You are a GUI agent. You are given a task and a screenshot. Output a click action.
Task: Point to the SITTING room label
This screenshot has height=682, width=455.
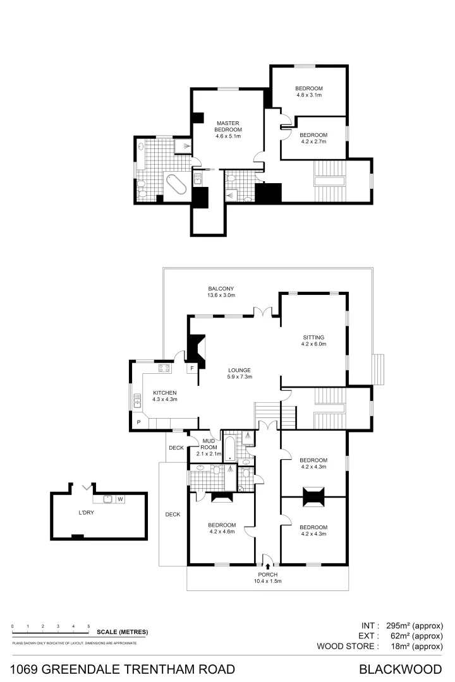tap(313, 342)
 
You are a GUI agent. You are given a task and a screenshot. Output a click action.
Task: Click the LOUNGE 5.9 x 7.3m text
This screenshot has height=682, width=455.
tap(240, 373)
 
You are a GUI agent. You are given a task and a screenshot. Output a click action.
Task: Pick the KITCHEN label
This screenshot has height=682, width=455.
tap(164, 396)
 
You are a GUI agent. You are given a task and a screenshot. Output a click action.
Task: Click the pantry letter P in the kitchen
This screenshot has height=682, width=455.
tap(138, 422)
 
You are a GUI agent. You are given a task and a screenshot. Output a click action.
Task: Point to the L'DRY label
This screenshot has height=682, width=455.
tap(86, 513)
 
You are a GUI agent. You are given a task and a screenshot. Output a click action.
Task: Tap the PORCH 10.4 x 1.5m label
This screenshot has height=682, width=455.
tap(267, 577)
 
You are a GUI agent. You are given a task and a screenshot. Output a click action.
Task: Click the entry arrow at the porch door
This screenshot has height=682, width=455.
tap(268, 566)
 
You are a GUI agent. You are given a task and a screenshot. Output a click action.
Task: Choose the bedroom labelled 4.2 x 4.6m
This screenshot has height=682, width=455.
tap(222, 529)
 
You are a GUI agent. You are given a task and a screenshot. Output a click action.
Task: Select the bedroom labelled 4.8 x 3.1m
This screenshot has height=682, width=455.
tap(310, 92)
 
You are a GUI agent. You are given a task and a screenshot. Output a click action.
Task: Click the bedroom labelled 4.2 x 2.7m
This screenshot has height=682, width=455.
tap(313, 139)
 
